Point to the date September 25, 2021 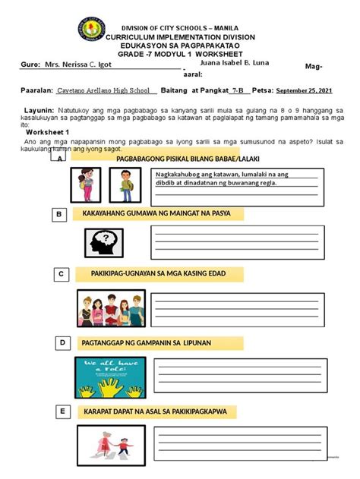pyautogui.click(x=308, y=90)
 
